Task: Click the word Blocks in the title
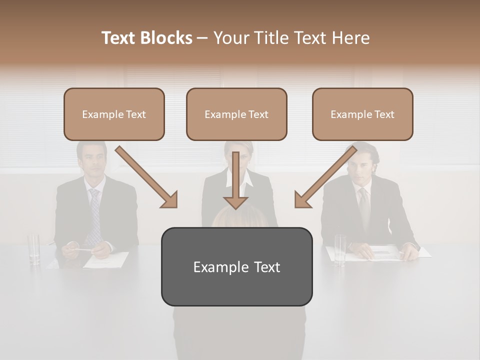point(166,38)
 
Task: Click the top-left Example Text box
point(114,114)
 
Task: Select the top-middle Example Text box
point(236,114)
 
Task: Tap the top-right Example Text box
point(362,114)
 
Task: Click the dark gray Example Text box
point(236,267)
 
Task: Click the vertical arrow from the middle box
point(235,182)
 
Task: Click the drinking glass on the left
point(34,248)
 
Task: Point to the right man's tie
point(364,207)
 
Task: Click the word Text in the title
point(120,38)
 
